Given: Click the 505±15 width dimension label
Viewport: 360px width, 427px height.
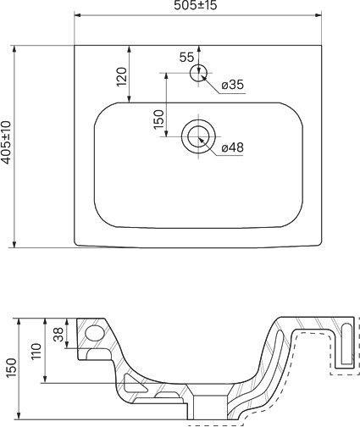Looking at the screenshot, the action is pos(196,5).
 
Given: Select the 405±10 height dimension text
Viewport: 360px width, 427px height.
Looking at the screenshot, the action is pos(6,142).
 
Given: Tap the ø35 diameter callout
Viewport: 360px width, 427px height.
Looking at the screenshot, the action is pos(232,85).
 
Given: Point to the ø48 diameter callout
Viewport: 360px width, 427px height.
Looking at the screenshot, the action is pos(232,147).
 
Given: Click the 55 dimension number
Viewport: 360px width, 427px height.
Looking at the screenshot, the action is pos(187,58).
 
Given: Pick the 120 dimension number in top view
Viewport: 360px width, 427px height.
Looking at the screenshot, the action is pos(122,77).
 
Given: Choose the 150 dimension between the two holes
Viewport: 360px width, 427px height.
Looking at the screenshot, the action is pos(158,119).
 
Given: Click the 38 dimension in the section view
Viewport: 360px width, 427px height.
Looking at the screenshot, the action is pos(58,335).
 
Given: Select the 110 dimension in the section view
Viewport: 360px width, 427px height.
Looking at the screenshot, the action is pos(36,352).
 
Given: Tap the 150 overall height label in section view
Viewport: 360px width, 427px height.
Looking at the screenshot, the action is pos(11,368).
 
